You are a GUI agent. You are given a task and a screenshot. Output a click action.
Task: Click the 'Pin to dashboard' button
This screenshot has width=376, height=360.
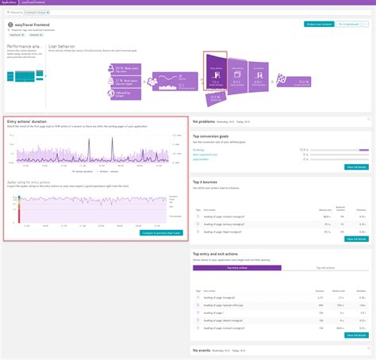[x=354, y=24]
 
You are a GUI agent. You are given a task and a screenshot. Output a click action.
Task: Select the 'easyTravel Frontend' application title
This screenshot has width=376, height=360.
[x=33, y=29]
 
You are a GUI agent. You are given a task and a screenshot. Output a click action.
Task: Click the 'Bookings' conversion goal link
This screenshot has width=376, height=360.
[x=199, y=149]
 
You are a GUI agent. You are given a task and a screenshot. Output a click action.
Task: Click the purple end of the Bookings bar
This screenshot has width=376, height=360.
[x=364, y=149]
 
